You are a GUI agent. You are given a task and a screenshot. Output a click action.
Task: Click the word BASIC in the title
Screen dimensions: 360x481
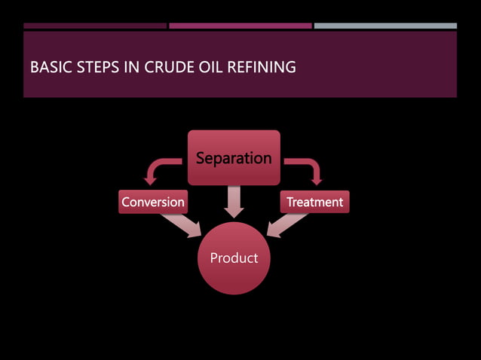pyautogui.click(x=47, y=69)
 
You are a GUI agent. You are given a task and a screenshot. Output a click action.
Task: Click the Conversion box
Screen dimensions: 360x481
pyautogui.click(x=153, y=202)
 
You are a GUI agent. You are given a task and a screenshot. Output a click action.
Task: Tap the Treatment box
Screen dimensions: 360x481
pyautogui.click(x=314, y=202)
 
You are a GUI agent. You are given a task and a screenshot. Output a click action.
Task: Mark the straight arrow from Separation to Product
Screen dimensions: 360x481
pyautogui.click(x=234, y=201)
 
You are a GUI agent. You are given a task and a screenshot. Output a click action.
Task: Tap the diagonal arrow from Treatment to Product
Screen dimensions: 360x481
pyautogui.click(x=286, y=224)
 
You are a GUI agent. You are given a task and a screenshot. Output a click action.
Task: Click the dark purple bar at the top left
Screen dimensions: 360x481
pyautogui.click(x=95, y=26)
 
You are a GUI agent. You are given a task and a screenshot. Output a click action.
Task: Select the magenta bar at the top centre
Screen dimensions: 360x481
pyautogui.click(x=240, y=26)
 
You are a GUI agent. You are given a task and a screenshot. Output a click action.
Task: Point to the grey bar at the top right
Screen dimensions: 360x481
pyautogui.click(x=385, y=26)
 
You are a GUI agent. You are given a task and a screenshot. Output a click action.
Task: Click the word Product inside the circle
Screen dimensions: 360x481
pyautogui.click(x=234, y=258)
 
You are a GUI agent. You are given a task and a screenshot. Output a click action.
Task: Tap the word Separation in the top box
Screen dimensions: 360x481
pyautogui.click(x=234, y=158)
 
